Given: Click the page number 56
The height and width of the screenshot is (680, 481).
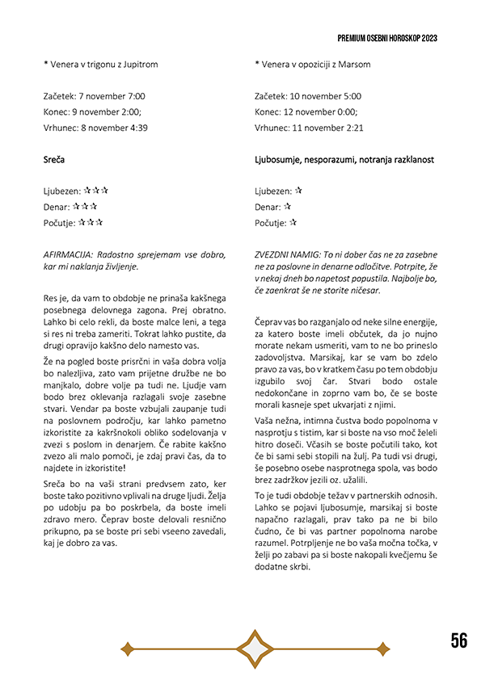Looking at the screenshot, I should point(458,641).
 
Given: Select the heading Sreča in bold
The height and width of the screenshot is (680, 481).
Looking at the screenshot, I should point(54,160).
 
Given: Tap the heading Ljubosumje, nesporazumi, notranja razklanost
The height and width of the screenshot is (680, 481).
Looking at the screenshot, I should point(344,160).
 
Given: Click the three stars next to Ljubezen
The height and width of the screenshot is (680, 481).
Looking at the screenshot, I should point(95,191).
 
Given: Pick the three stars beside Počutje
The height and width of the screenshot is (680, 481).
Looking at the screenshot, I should point(91,222).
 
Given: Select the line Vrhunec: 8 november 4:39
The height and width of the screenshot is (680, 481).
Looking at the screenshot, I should point(95,128).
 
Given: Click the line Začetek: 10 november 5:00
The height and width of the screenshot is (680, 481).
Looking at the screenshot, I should point(308,96).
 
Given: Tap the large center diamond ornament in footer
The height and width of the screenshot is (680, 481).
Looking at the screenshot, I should point(255,648).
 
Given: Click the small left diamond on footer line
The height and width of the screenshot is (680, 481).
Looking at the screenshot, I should point(127,648).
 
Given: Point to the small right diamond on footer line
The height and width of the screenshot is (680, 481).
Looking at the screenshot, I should point(385,648).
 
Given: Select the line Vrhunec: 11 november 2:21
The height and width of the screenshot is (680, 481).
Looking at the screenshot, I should point(309,128).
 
